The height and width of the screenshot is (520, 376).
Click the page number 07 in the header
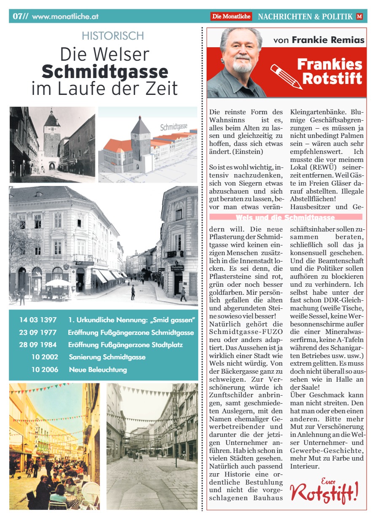click(x=19, y=16)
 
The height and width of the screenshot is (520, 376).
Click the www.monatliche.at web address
click(x=65, y=17)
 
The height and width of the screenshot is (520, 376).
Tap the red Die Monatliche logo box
click(x=231, y=16)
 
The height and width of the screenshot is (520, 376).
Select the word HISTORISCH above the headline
click(x=113, y=36)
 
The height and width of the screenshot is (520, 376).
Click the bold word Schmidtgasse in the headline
click(x=105, y=72)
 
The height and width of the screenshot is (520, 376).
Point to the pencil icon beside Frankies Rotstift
click(x=285, y=76)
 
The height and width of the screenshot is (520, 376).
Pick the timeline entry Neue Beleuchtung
click(x=98, y=370)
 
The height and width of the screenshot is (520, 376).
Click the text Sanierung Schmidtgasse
click(x=107, y=357)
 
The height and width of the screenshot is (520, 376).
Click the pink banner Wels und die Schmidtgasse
click(x=286, y=217)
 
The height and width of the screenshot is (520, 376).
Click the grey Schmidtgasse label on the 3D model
click(x=174, y=127)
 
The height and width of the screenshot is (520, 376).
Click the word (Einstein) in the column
click(x=250, y=151)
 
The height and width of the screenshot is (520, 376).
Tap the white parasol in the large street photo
click(x=58, y=282)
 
